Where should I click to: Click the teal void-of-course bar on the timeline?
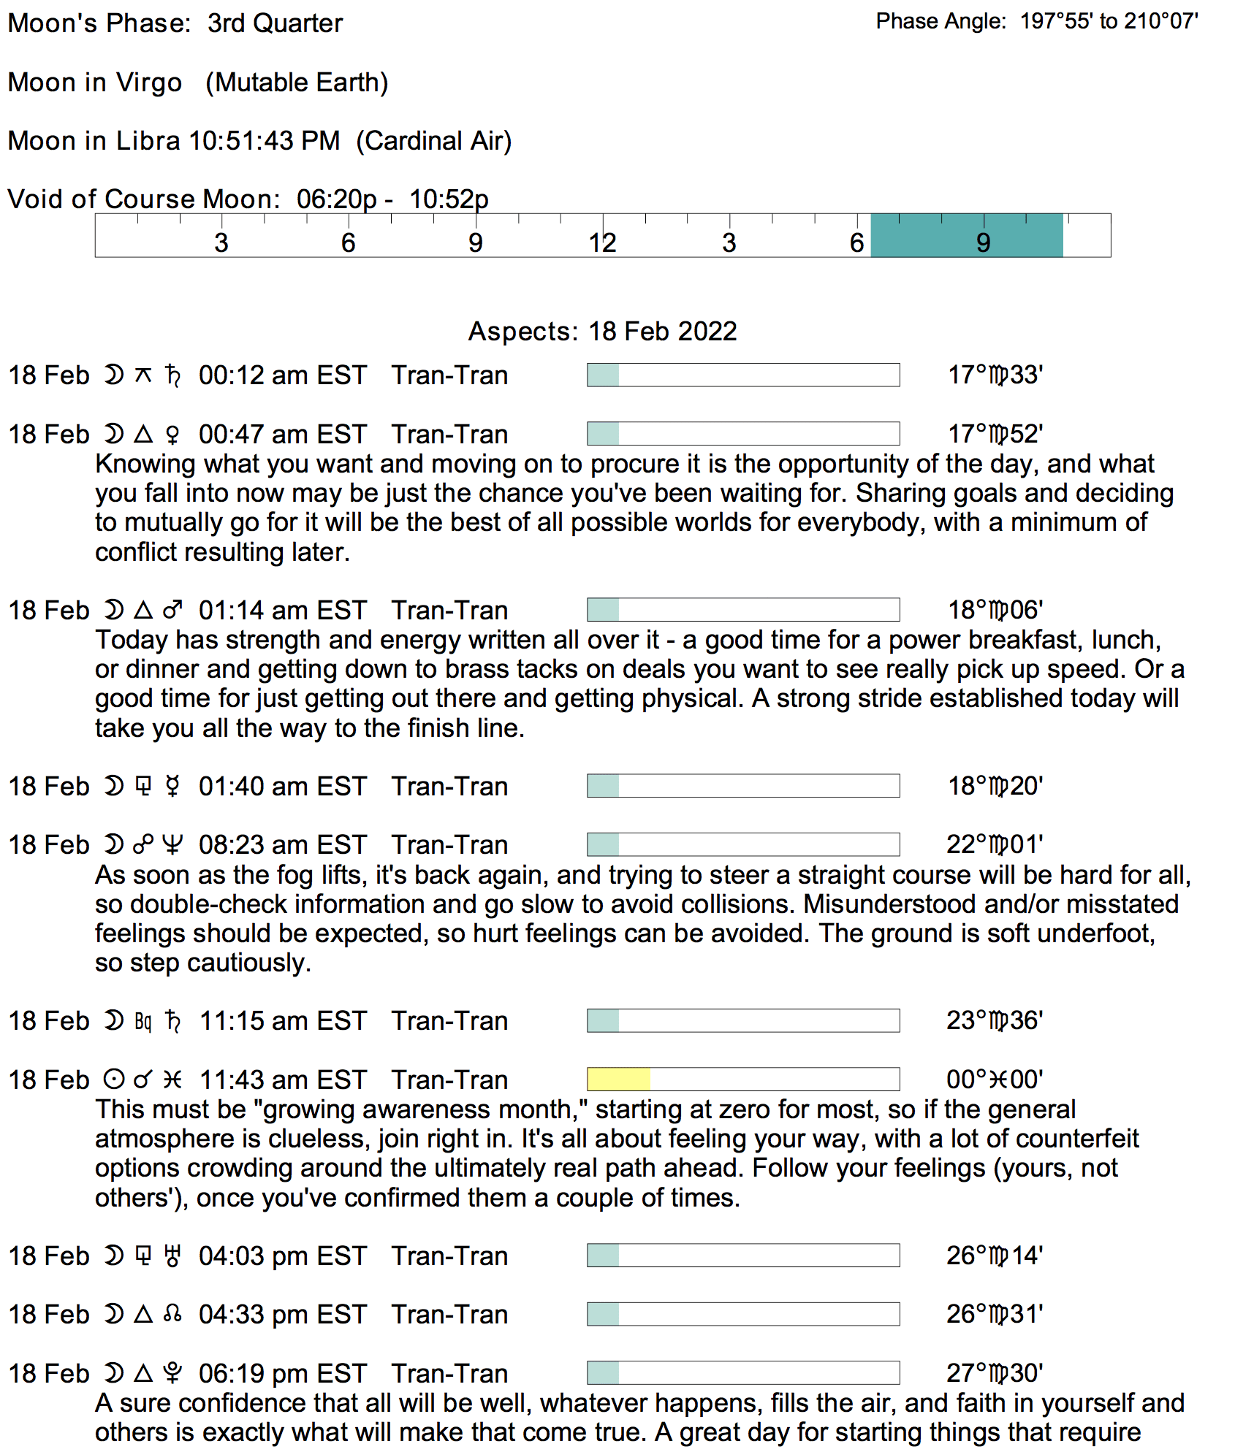click(x=967, y=235)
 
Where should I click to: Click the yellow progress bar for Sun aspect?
click(x=618, y=1079)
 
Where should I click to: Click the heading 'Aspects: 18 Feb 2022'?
click(x=602, y=331)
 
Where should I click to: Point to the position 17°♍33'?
click(x=995, y=375)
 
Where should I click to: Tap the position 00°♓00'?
click(x=995, y=1080)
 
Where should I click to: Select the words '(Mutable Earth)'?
click(x=297, y=83)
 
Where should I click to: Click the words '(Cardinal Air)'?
click(x=434, y=141)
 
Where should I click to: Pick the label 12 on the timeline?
click(x=602, y=242)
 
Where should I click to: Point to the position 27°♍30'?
click(x=995, y=1373)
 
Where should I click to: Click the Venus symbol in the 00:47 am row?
click(x=172, y=435)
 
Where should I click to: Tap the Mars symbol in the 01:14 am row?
click(x=172, y=610)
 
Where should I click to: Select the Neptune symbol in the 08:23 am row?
click(x=172, y=845)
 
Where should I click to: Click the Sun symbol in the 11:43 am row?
click(x=114, y=1080)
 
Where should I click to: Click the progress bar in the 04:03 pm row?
click(x=743, y=1256)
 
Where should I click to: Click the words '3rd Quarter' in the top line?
click(x=275, y=23)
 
